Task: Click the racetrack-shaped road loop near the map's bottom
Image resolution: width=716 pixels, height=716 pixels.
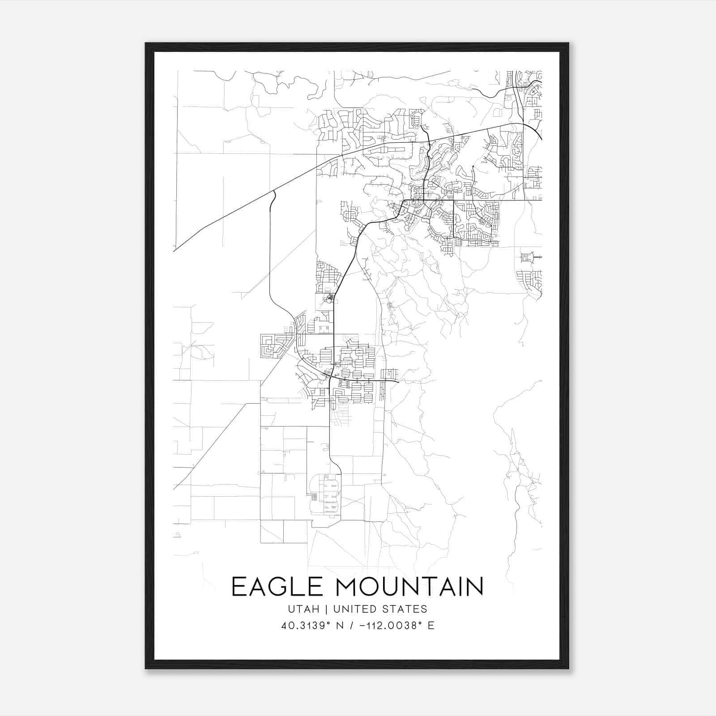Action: pyautogui.click(x=326, y=499)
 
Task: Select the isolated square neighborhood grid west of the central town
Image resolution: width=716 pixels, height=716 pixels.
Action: pyautogui.click(x=272, y=346)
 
